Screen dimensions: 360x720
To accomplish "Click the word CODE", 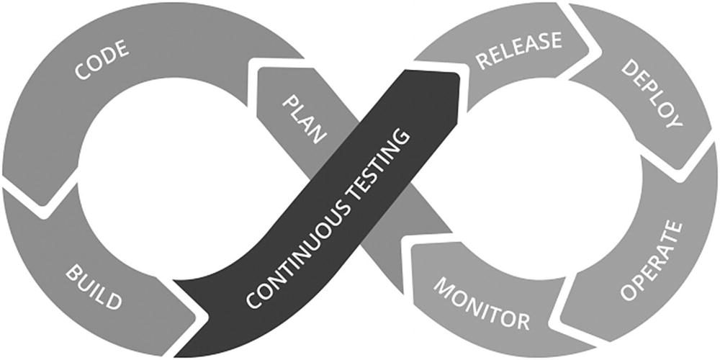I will (x=102, y=62).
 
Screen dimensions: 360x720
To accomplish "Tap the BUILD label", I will (x=94, y=287).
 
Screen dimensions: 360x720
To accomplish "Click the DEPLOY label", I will (x=652, y=93).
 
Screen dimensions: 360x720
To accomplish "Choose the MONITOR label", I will (x=480, y=303).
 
